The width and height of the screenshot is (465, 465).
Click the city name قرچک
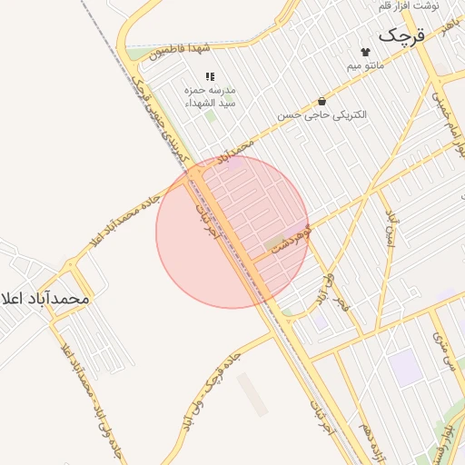click(401, 36)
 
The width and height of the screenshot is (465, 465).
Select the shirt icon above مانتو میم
click(365, 52)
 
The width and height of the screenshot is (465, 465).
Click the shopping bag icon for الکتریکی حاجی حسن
click(322, 101)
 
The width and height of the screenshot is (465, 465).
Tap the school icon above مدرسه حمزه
click(210, 77)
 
